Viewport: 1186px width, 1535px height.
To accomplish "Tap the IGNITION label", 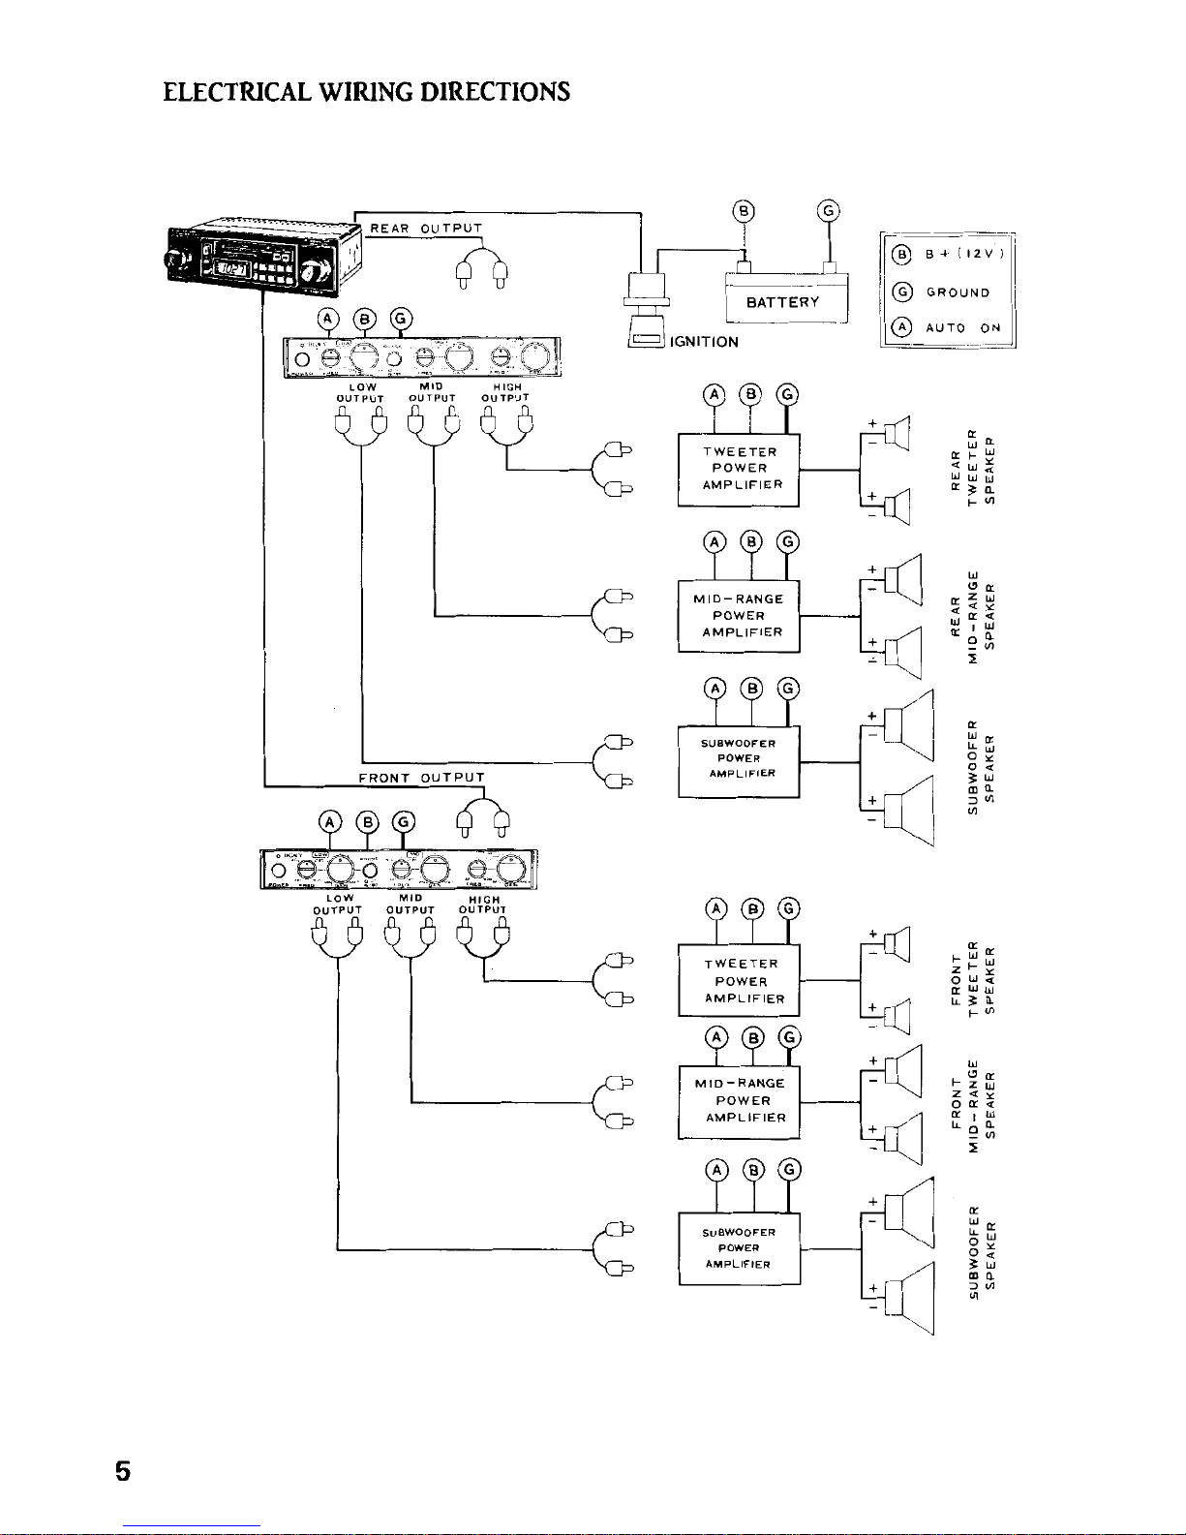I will pos(704,342).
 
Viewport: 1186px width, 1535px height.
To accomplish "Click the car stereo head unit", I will pos(261,259).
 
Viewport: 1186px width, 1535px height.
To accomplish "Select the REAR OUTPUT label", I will pos(426,229).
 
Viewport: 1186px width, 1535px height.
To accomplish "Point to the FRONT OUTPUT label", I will pos(421,777).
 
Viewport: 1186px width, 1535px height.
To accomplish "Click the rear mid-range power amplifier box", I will pos(740,616).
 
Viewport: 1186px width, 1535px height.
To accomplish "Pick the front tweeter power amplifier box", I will pos(740,980).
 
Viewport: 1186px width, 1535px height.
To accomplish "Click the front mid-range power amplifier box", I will pos(740,1100).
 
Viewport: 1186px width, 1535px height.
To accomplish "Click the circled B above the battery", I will pos(743,210).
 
